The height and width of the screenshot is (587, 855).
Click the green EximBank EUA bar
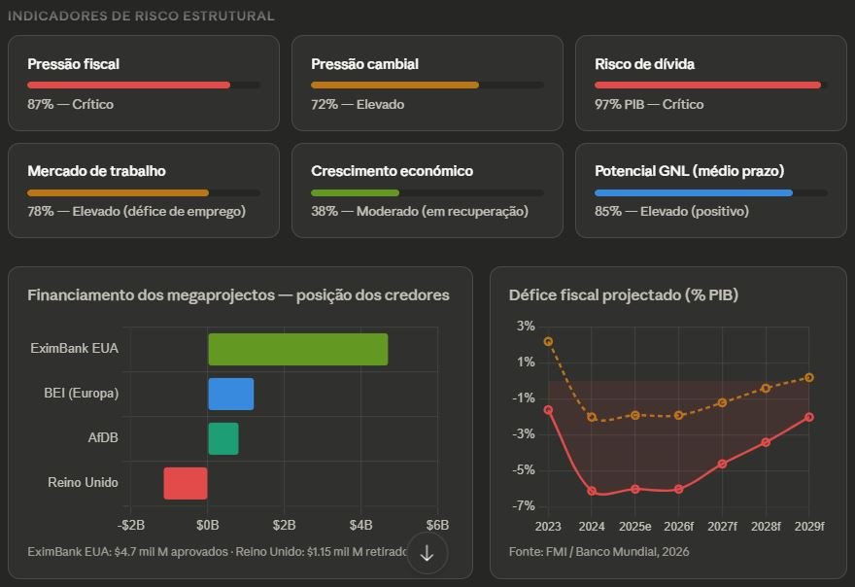tap(297, 350)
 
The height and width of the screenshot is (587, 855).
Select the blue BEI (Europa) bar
tap(230, 394)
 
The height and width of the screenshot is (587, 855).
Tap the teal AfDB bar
tap(222, 438)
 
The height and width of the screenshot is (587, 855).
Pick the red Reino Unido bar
tap(186, 483)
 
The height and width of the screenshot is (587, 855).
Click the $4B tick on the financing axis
tap(360, 525)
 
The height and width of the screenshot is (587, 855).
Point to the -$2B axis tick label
tap(131, 525)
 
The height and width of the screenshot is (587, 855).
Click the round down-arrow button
tap(427, 552)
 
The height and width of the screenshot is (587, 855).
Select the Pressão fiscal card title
tap(74, 64)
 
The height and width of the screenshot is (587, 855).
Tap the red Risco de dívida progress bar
tap(707, 86)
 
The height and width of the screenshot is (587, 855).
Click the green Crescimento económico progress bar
tap(355, 192)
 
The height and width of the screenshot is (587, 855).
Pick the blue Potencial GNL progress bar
tap(694, 192)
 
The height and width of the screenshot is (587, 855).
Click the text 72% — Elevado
tap(358, 104)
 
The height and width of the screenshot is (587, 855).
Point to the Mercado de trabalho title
tap(96, 171)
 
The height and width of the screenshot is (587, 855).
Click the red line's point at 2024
tap(592, 491)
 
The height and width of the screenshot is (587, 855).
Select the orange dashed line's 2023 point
tap(548, 342)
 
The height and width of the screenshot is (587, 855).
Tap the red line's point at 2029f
tap(809, 417)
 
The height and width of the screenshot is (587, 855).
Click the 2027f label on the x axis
tap(722, 526)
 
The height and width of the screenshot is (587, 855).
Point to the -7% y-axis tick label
tap(525, 506)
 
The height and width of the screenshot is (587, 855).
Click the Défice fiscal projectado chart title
tap(624, 294)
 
